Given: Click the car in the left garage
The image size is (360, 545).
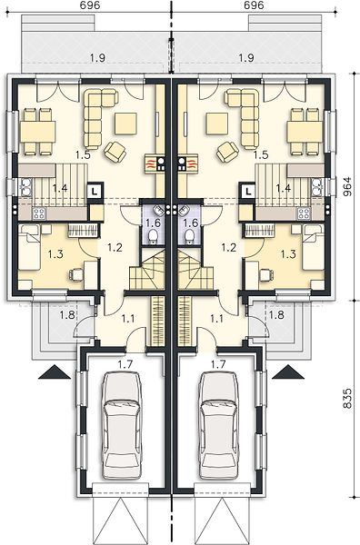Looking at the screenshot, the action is point(122,424).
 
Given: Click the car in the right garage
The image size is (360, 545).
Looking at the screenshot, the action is point(219,425).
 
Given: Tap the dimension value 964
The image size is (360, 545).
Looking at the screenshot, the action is point(347,187).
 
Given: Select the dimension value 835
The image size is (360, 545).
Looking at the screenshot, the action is point(347,399).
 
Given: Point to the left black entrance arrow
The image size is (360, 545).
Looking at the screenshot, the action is point(55,372).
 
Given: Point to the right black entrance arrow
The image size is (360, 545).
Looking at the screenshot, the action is point(288,372).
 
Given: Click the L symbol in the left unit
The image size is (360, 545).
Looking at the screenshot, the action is point(95,191).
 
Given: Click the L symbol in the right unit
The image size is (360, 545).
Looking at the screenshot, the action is point(247,191).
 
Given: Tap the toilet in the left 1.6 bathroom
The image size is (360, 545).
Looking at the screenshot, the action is point(153,237).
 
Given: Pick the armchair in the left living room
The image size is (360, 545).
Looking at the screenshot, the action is point(115,152).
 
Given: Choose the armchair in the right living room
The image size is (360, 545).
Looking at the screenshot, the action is point(228,152).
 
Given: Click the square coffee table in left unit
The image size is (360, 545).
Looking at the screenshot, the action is point(126,124).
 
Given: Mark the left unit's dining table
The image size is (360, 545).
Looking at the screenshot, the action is point(38,132).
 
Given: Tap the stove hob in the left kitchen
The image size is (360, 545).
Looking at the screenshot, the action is point(38,213).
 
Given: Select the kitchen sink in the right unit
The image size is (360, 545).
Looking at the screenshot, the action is point(317,187).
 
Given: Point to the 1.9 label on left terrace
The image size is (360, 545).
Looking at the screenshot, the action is point(98,58).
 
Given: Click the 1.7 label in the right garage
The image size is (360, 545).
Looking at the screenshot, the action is point(218,364).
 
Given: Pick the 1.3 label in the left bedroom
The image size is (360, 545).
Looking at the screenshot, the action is point(55,254).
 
